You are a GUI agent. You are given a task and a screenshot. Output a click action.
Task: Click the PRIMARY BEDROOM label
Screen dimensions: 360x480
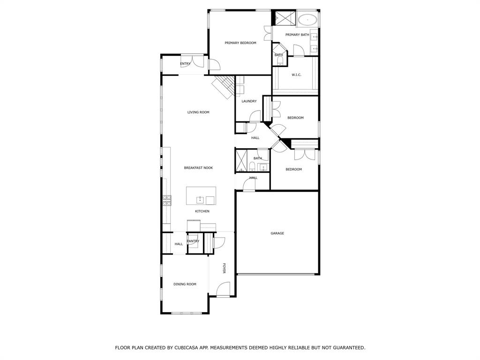point(240,43)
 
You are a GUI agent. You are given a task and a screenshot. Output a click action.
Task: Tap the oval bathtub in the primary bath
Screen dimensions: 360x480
point(307,20)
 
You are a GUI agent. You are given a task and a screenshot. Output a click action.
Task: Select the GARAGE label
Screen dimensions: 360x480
point(277,233)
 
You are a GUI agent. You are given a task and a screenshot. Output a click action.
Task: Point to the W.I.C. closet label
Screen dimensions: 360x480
point(296,75)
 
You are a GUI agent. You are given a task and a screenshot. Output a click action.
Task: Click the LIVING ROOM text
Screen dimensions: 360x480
point(198,112)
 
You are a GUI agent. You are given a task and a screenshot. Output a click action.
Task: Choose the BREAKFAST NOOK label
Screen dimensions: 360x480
point(198,167)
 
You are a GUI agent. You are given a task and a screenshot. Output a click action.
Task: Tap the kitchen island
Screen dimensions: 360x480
point(201,195)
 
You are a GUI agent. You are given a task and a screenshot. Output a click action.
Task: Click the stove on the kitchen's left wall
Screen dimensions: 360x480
point(166,201)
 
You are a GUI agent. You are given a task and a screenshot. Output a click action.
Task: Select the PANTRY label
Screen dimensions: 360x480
point(193,241)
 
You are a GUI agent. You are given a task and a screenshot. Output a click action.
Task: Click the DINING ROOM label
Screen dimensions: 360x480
point(185,284)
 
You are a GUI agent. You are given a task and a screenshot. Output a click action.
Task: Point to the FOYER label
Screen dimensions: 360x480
point(224,268)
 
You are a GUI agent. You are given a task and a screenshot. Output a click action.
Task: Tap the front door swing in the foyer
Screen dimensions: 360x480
point(224,289)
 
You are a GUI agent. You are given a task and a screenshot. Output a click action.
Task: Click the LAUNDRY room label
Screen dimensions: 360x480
point(249,101)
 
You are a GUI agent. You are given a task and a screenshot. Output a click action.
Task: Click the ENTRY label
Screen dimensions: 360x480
point(185,64)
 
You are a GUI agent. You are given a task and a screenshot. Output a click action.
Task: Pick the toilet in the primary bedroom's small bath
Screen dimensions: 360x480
point(279,60)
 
